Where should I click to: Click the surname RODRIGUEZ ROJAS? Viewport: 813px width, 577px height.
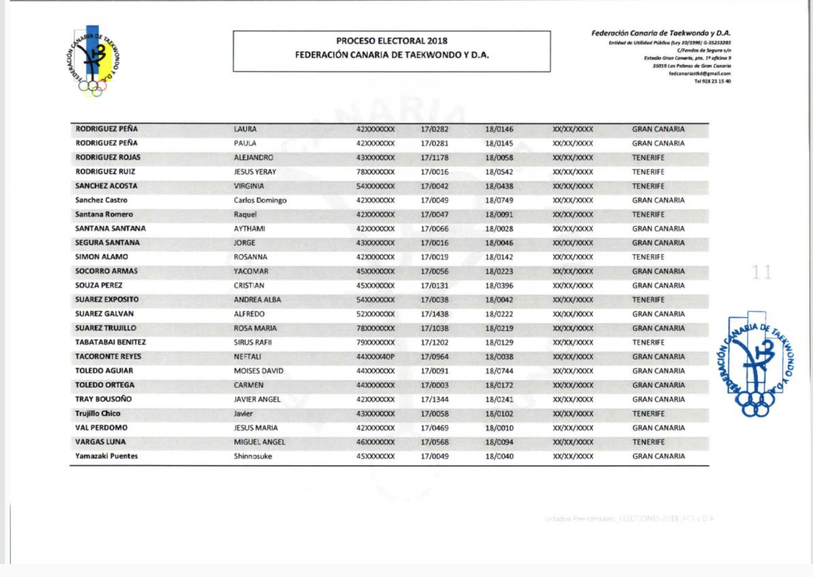[107, 157]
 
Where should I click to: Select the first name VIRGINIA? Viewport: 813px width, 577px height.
[249, 186]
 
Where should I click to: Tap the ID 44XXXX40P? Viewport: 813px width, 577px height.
[376, 357]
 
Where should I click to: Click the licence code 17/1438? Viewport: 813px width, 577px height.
[434, 314]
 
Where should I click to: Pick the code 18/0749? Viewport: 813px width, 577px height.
[499, 200]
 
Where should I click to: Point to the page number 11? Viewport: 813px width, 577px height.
[761, 272]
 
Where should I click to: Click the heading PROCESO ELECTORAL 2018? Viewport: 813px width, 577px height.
[391, 41]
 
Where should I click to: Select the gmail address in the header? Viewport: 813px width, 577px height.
[699, 73]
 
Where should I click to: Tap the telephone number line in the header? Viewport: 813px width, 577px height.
[712, 81]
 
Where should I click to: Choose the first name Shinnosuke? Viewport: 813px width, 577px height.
[253, 456]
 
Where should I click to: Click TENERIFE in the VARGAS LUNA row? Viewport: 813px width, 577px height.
[648, 442]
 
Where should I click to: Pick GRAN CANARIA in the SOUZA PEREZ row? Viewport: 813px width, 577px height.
[658, 285]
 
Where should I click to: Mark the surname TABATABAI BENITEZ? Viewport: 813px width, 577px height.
[110, 342]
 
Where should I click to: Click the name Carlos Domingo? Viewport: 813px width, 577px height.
[260, 200]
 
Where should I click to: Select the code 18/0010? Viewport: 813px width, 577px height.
[499, 428]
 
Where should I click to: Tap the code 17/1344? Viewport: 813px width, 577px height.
[434, 399]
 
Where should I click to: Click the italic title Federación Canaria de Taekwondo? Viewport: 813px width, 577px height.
[661, 33]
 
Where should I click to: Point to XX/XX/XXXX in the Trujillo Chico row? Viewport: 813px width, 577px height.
[572, 414]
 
